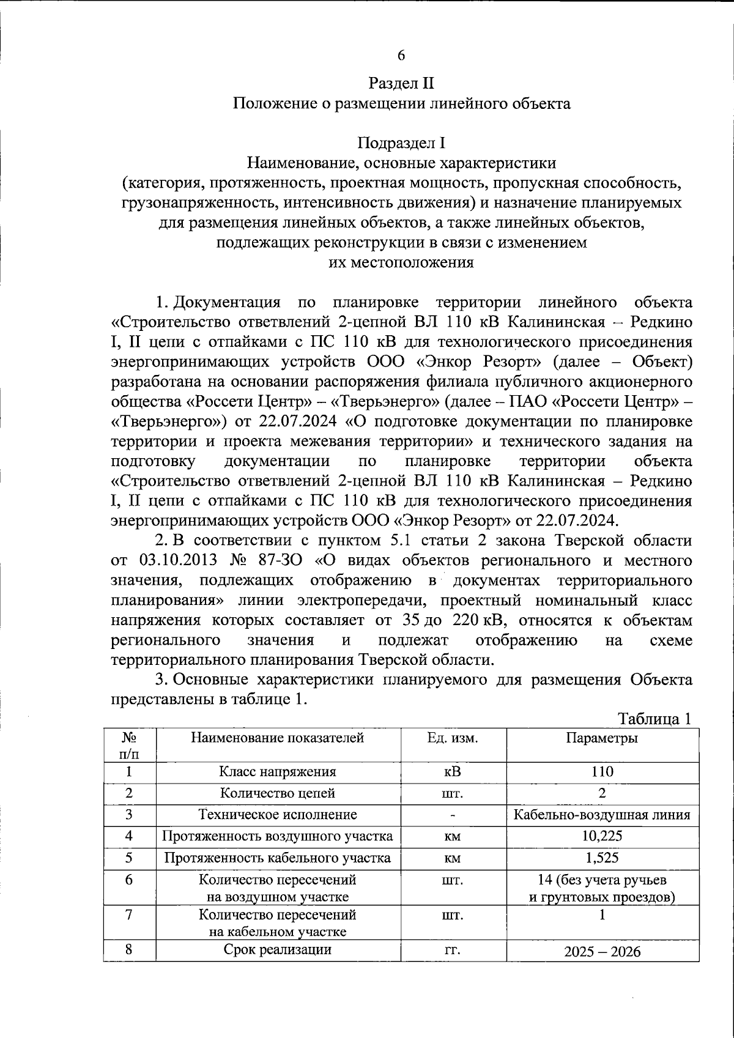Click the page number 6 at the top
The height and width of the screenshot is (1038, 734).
pyautogui.click(x=401, y=56)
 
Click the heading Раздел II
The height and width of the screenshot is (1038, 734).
pyautogui.click(x=401, y=83)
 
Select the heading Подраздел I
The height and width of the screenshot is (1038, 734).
pyautogui.click(x=401, y=143)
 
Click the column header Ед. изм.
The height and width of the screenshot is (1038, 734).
pyautogui.click(x=453, y=738)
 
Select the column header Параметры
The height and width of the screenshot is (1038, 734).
pyautogui.click(x=602, y=738)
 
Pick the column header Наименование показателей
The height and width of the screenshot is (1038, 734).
pyautogui.click(x=278, y=738)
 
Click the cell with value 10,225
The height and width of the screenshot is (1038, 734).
pyautogui.click(x=602, y=836)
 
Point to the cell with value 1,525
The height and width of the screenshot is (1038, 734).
pyautogui.click(x=602, y=858)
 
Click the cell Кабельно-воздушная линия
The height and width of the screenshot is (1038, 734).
pyautogui.click(x=602, y=815)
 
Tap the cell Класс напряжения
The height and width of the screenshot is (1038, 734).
pyautogui.click(x=278, y=772)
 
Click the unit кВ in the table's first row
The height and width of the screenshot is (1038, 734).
pyautogui.click(x=453, y=772)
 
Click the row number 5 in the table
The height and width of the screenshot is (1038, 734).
pyautogui.click(x=130, y=858)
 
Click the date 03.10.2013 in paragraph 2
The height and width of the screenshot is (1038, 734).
pyautogui.click(x=179, y=561)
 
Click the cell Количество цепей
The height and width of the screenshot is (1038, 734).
pyautogui.click(x=278, y=793)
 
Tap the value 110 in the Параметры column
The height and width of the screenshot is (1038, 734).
pyautogui.click(x=602, y=772)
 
